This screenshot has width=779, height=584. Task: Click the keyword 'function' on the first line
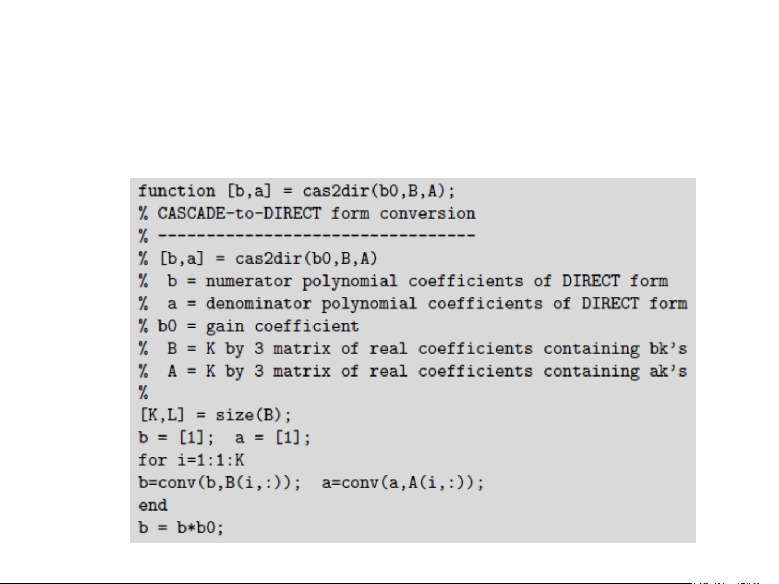[177, 191]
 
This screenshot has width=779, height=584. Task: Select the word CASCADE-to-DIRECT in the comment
[239, 214]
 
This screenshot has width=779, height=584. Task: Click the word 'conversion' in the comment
[427, 214]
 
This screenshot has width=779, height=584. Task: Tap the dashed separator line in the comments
[316, 236]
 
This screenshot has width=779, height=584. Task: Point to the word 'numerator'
[248, 281]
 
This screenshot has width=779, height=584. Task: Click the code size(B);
[253, 415]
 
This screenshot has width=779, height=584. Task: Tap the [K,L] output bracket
[162, 415]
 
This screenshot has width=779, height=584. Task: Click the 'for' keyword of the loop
[152, 460]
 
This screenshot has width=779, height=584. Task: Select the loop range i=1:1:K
[211, 460]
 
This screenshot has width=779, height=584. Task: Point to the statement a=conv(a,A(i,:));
[403, 482]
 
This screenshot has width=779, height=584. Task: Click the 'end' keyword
[152, 505]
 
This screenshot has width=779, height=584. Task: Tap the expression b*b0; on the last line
[200, 527]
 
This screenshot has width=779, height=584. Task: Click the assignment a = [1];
[272, 438]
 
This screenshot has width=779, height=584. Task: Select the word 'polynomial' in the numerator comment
[349, 281]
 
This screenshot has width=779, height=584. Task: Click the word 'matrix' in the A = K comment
[302, 372]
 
